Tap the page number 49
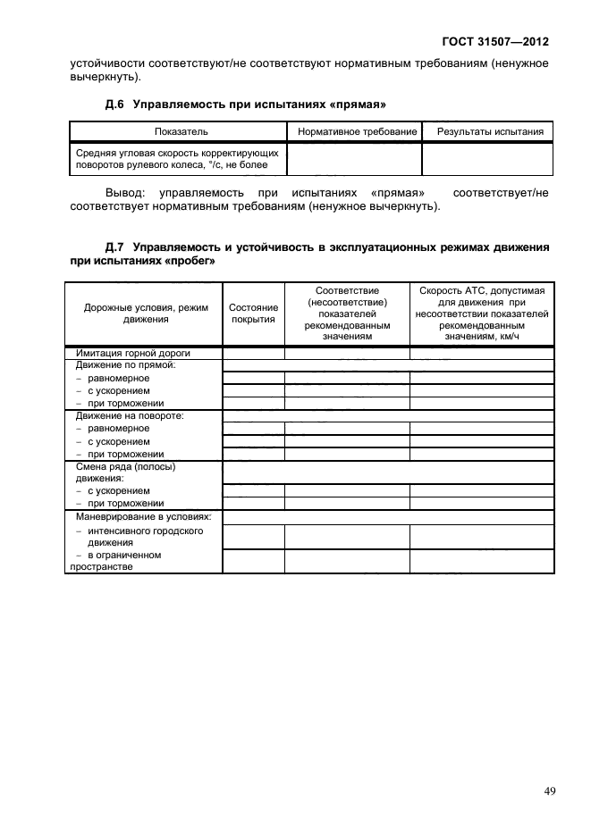point(550,790)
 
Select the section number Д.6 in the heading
point(116,104)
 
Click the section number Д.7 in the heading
point(116,247)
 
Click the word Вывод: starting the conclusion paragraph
point(126,192)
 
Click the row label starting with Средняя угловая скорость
point(177,159)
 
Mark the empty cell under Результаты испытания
point(488,160)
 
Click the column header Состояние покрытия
point(253,313)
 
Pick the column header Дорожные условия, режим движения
point(145,313)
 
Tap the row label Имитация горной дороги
point(133,352)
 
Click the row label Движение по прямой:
point(125,364)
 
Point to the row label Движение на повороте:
point(131,415)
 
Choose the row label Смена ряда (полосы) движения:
point(125,472)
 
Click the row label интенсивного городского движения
point(144,536)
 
